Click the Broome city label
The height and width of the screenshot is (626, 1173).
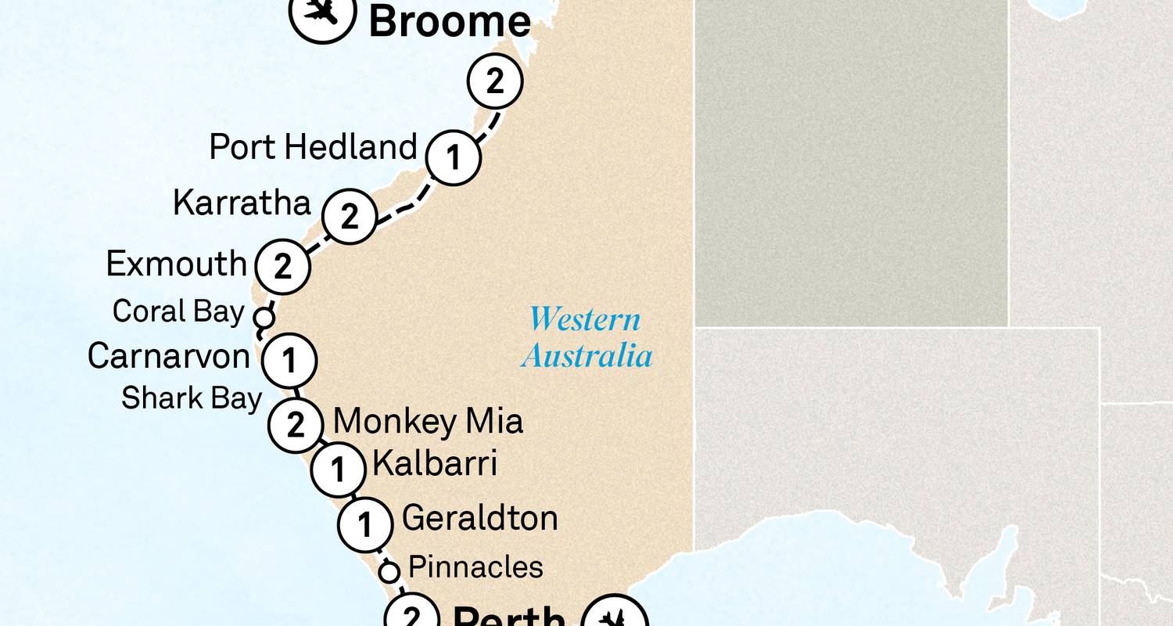pyautogui.click(x=450, y=21)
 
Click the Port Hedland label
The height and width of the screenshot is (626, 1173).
pyautogui.click(x=313, y=147)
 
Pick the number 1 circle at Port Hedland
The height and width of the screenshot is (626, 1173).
pyautogui.click(x=453, y=158)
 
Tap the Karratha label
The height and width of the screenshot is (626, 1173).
pyautogui.click(x=242, y=203)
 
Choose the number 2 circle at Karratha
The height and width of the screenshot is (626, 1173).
pyautogui.click(x=350, y=216)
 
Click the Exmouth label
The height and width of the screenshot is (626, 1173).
pyautogui.click(x=177, y=264)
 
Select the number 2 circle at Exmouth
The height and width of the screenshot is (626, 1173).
pyautogui.click(x=282, y=267)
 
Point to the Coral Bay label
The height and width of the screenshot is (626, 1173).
pyautogui.click(x=178, y=311)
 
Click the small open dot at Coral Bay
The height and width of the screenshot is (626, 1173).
pyautogui.click(x=264, y=318)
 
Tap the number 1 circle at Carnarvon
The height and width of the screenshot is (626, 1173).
pyautogui.click(x=289, y=362)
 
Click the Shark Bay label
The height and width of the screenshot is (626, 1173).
pyautogui.click(x=191, y=398)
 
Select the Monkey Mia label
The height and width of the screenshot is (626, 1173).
pyautogui.click(x=428, y=423)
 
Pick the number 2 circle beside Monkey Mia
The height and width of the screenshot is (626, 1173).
pyautogui.click(x=296, y=425)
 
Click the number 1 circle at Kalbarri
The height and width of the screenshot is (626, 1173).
pyautogui.click(x=338, y=470)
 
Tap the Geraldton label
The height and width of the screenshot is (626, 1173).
pyautogui.click(x=479, y=519)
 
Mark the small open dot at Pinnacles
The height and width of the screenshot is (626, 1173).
pyautogui.click(x=389, y=572)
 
